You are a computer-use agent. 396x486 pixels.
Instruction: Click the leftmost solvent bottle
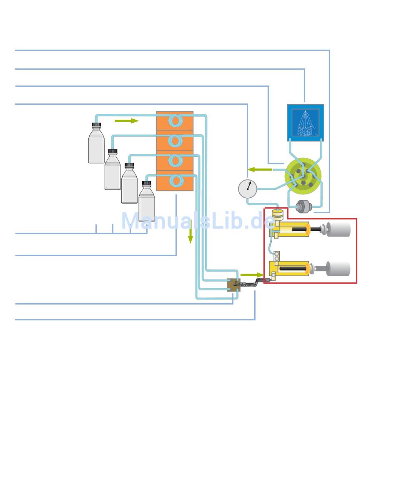96,146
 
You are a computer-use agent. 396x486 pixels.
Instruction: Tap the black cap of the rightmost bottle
146,183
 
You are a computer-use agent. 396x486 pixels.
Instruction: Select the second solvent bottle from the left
113,173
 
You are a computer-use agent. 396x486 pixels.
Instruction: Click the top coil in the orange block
175,121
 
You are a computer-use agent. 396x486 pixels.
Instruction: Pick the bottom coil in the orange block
175,181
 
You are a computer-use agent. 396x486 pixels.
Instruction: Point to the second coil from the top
175,141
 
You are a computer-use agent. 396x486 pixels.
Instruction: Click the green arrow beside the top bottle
126,121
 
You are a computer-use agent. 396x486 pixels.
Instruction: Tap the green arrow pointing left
260,169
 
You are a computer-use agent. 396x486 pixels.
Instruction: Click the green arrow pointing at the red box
252,275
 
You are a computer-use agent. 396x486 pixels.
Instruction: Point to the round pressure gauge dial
248,189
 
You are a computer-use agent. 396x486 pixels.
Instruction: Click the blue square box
305,123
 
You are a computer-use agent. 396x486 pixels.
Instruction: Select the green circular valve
303,176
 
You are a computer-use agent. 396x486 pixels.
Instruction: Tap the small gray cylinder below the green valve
304,206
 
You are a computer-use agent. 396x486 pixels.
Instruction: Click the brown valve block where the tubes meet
233,285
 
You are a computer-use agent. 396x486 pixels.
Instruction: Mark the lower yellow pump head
291,268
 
